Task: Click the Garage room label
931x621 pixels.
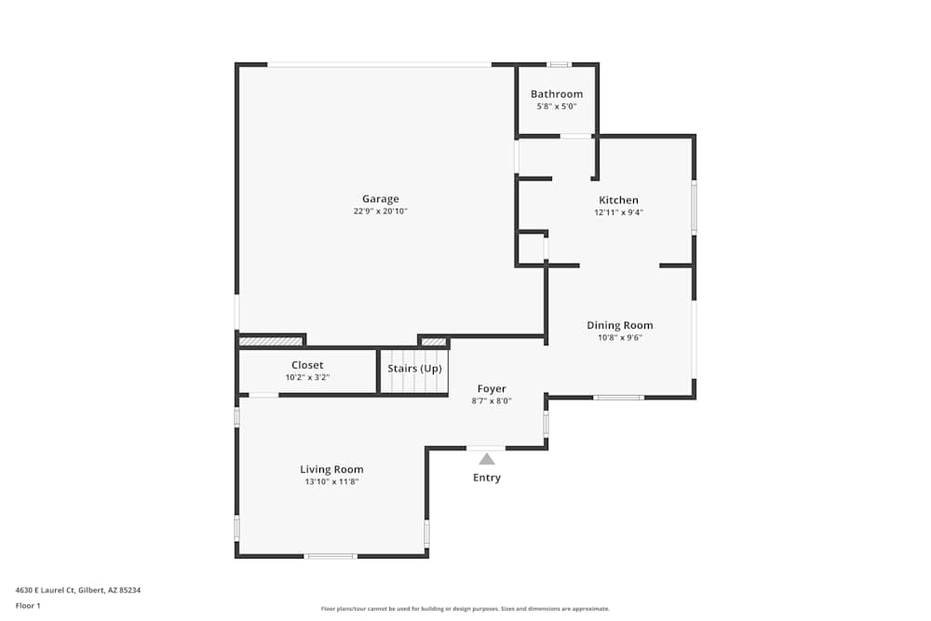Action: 380,198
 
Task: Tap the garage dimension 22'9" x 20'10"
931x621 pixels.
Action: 380,211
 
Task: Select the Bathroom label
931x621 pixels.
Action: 557,94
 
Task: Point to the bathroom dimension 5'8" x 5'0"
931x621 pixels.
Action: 557,106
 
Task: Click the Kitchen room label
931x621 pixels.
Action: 618,200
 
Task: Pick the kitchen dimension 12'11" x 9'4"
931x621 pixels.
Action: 618,212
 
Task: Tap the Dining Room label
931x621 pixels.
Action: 619,325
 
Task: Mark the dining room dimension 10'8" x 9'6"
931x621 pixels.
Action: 619,337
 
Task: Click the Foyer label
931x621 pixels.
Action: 492,388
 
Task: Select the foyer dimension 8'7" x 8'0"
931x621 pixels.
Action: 492,400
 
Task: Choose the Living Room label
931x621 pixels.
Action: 331,469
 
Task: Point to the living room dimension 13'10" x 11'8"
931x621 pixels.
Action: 331,481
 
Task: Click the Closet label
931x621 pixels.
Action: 307,365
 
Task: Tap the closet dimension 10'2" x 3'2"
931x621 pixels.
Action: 307,377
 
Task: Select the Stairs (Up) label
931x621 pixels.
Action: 414,369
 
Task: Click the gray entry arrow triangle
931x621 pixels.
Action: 487,459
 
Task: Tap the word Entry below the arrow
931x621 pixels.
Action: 487,478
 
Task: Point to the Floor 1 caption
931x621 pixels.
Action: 28,605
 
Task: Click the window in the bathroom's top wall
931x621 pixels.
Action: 559,64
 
